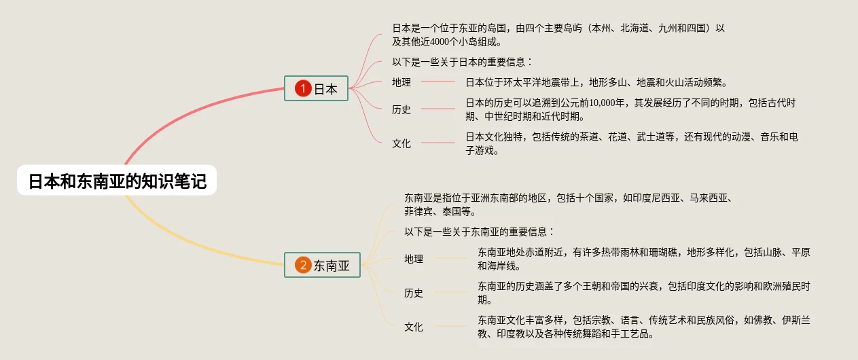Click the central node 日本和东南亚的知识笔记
click(x=117, y=181)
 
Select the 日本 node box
click(x=316, y=88)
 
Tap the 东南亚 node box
click(x=322, y=266)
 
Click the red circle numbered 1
click(x=302, y=88)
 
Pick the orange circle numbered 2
click(x=303, y=266)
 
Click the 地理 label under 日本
click(x=401, y=83)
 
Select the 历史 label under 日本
click(x=401, y=109)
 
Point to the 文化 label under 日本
click(x=401, y=143)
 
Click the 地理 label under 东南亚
click(x=414, y=259)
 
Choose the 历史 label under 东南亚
click(x=414, y=293)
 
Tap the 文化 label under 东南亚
click(x=414, y=327)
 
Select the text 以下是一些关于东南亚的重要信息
click(x=479, y=232)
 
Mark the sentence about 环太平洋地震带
click(x=596, y=83)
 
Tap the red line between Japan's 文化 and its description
click(x=438, y=143)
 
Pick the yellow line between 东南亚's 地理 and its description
click(x=452, y=258)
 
